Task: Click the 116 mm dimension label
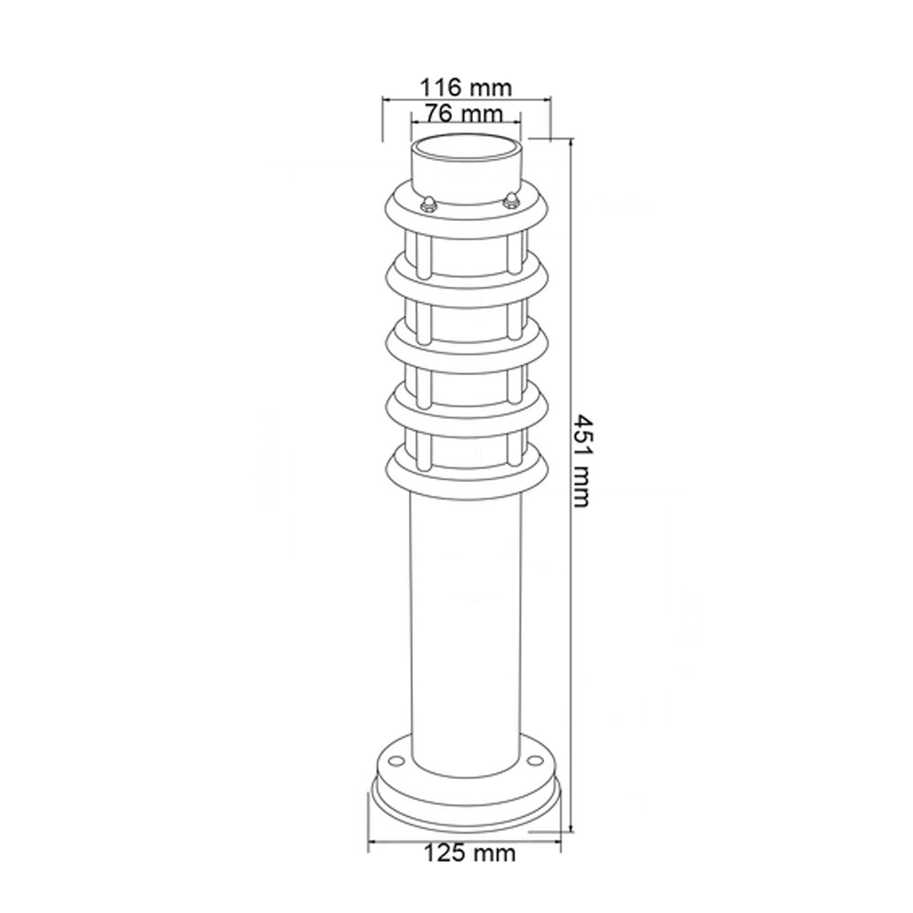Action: click(466, 88)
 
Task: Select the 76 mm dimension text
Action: click(466, 114)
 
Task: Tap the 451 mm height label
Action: click(582, 459)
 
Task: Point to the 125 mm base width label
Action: click(469, 854)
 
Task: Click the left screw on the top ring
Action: click(425, 203)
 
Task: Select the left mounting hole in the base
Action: click(394, 760)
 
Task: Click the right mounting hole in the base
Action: click(532, 757)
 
